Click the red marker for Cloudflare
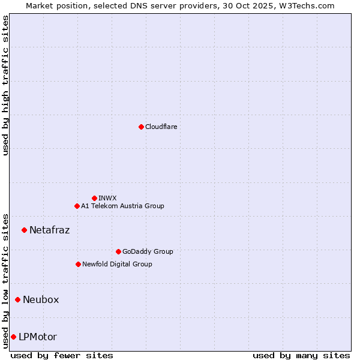point(141,127)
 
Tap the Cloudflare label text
point(161,127)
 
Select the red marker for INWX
point(94,198)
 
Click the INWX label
point(107,198)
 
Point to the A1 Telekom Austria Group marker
point(77,206)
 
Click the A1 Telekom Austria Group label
point(122,206)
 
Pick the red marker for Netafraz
point(24,230)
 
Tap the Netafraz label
point(49,230)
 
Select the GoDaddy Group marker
point(118,251)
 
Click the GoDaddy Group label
point(147,251)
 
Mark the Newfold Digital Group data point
point(78,264)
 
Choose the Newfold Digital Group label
point(117,264)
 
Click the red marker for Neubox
point(17,299)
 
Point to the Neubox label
point(41,299)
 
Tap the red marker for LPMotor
point(13,337)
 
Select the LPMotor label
point(38,337)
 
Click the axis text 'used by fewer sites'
point(62,355)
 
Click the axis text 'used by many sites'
point(301,355)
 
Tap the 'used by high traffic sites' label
point(5,85)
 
